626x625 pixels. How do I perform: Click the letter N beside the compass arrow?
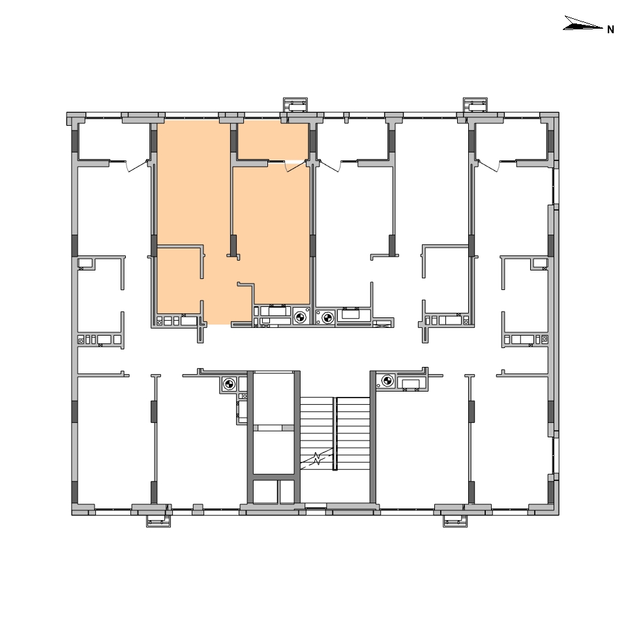610,29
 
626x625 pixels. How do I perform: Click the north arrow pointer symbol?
582,23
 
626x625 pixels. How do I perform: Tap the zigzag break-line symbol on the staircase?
317,458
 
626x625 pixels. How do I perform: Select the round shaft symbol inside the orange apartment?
300,317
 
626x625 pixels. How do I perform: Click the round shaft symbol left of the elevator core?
229,385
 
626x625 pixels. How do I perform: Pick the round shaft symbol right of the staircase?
387,381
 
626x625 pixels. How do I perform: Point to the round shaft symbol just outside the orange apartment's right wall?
327,318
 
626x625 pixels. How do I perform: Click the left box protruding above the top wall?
295,106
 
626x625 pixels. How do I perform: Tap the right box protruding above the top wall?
475,106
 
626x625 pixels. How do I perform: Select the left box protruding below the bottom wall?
158,521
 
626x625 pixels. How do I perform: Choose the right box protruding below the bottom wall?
455,521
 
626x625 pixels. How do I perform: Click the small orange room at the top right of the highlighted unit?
273,141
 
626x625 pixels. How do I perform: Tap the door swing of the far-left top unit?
136,166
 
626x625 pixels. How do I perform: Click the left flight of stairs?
317,433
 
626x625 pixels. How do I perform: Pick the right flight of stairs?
353,433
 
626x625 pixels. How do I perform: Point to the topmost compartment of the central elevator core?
273,398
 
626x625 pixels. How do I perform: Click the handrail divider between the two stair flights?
335,433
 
